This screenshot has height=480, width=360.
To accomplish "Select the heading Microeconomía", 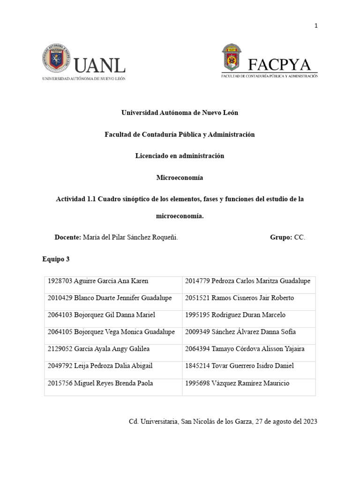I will coord(180,178).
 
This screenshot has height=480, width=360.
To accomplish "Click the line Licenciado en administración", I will coord(180,156).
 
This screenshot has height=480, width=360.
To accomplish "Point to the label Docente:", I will coord(68,238).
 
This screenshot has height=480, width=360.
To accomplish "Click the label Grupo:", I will coord(281,238).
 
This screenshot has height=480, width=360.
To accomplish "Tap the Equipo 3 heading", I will coord(56,259).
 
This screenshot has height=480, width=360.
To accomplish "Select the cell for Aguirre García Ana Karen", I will coord(113,281).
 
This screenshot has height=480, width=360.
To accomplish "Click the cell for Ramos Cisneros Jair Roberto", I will coord(248,298).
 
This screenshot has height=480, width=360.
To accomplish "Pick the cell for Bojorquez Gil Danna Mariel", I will coord(113,315).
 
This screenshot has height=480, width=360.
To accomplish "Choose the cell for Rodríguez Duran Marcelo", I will coord(248,315).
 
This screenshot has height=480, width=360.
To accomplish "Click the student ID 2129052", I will coord(60,349).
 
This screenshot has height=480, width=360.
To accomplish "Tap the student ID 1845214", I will coord(197,366).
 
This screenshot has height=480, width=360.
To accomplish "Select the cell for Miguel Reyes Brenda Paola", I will coord(113,383).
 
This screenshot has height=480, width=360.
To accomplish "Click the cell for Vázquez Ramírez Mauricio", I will coord(248,383).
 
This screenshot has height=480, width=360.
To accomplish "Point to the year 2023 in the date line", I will coord(309,421).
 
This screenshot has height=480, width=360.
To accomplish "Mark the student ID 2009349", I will coord(197,332).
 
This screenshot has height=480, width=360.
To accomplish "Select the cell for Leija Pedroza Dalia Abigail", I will coord(113,366).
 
